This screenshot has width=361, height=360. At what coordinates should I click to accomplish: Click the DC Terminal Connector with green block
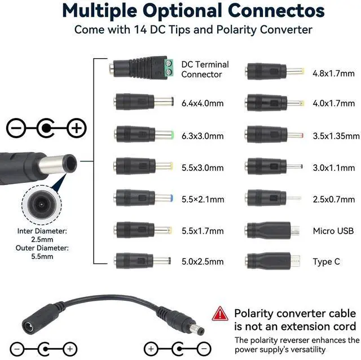click(141, 69)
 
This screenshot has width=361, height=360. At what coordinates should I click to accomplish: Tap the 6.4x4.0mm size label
click(202, 103)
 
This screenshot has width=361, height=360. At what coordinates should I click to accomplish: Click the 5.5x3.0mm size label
click(202, 168)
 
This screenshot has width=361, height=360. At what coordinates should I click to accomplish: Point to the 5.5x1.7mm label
click(202, 231)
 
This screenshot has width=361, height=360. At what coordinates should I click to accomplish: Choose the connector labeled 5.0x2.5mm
click(142, 261)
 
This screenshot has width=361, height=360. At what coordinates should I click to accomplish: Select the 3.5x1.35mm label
click(336, 135)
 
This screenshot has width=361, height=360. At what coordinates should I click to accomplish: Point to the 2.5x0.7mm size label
click(333, 199)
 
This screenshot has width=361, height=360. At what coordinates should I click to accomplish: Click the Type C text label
click(327, 262)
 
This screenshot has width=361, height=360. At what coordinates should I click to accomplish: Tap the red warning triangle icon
click(221, 314)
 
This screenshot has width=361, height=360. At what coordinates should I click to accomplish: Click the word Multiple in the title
click(107, 10)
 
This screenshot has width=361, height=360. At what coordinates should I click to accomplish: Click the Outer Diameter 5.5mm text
click(42, 252)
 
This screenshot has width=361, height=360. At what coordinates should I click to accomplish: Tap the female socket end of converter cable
click(32, 326)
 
